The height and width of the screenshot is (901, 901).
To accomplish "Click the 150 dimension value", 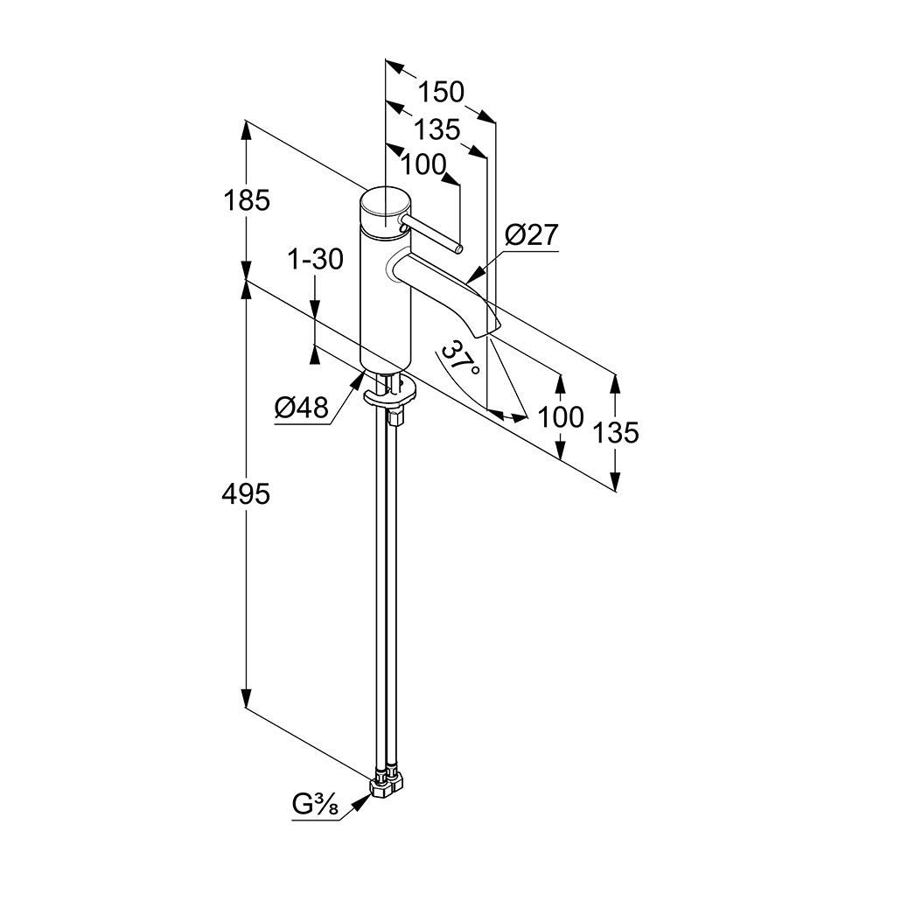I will pyautogui.click(x=439, y=92).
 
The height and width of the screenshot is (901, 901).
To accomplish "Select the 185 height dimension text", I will pyautogui.click(x=248, y=200).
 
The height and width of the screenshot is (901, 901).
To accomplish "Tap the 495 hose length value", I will pyautogui.click(x=247, y=495).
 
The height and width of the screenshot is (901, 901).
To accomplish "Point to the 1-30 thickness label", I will pyautogui.click(x=316, y=259).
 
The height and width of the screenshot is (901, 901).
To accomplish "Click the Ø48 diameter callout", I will pyautogui.click(x=301, y=407).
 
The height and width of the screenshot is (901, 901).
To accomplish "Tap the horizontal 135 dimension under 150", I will pyautogui.click(x=437, y=129).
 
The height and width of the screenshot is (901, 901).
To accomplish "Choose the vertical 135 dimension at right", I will pyautogui.click(x=619, y=432).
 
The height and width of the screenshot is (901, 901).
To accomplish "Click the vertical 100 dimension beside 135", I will pyautogui.click(x=561, y=416).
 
